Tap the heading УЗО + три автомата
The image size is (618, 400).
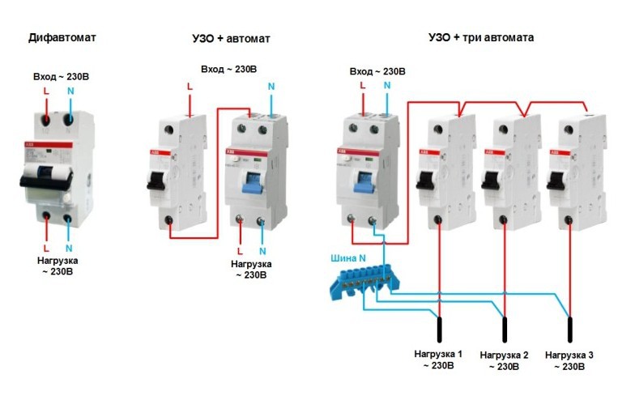pos(481,38)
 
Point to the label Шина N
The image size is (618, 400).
pos(348,258)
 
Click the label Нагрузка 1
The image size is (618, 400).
pos(438,355)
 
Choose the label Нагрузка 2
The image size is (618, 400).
pos(504,355)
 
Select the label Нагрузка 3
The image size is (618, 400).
pos(569,355)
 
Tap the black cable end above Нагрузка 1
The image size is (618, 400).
pos(440,328)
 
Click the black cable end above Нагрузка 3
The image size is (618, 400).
pos(570,328)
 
